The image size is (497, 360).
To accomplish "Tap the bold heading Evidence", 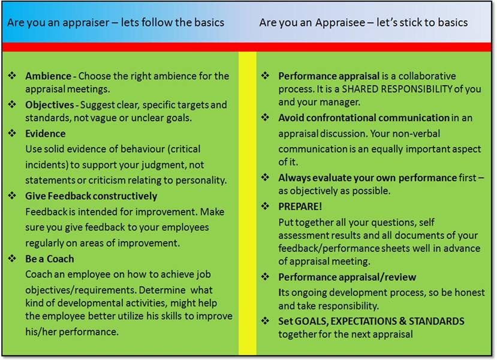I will (46, 133).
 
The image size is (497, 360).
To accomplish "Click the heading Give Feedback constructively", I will (91, 196).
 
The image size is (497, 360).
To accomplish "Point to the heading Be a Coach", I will (50, 259).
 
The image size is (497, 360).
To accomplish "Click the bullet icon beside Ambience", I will (13, 76).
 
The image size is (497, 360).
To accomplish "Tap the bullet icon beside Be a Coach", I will (13, 259).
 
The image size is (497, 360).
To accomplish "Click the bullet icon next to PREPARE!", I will (266, 206).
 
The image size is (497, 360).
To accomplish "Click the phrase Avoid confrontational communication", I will (364, 118).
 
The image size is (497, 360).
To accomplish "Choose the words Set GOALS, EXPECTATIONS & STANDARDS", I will (371, 321).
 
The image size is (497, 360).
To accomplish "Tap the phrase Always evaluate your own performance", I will (368, 178).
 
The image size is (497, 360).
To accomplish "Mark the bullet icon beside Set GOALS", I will (266, 321).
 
